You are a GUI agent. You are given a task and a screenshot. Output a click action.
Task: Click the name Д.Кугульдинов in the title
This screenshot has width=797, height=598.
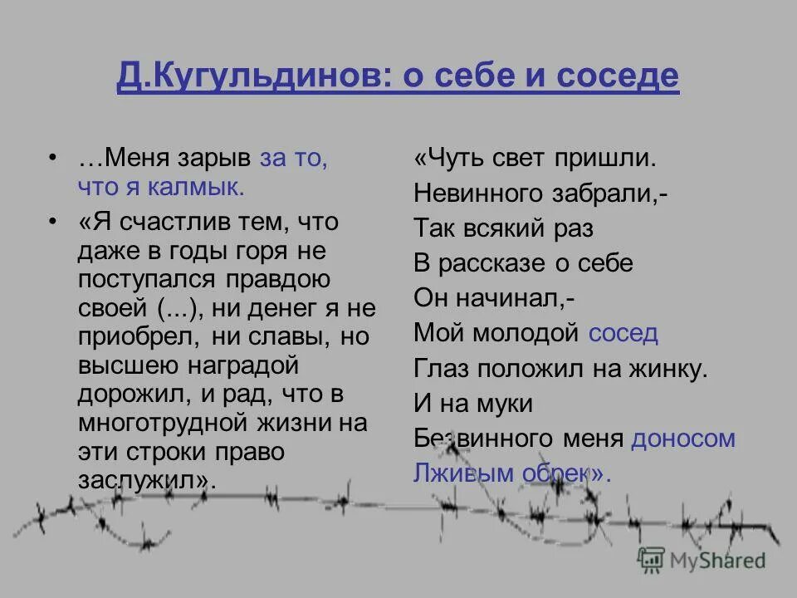point(247,77)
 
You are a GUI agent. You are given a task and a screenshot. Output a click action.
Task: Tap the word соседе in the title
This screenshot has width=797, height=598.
point(618,77)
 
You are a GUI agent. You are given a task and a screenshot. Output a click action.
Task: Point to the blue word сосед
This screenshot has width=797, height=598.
point(623,333)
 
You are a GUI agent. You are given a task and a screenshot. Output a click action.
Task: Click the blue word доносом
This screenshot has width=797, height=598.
point(682,439)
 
